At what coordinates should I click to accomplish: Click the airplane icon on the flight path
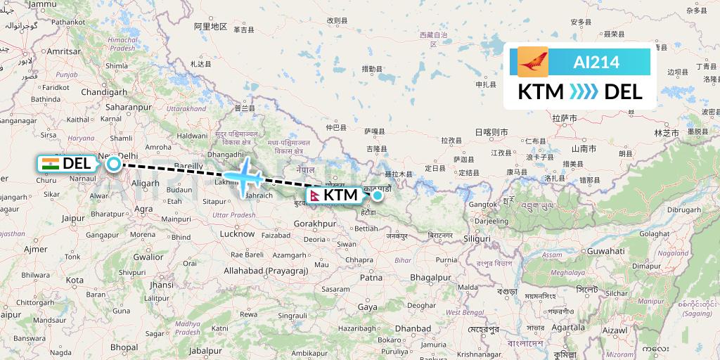[243, 176]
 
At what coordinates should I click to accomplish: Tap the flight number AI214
[596, 63]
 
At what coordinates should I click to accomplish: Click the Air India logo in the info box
[532, 62]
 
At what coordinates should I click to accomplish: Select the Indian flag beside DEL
[51, 164]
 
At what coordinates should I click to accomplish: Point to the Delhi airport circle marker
[114, 165]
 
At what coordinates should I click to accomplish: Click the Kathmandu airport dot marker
[378, 195]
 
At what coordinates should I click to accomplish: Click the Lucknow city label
[237, 233]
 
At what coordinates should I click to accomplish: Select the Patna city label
[371, 278]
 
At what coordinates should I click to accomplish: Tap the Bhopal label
[124, 347]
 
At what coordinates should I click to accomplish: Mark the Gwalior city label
[149, 257]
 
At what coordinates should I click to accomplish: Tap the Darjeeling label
[491, 221]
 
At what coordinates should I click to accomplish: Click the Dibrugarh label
[684, 210]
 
